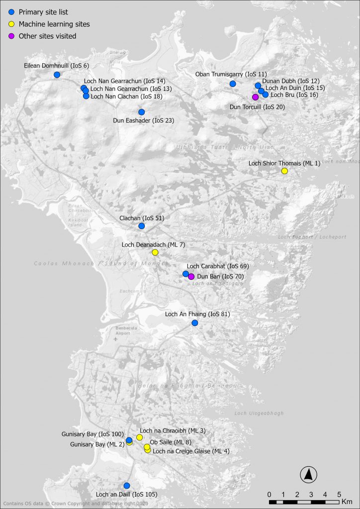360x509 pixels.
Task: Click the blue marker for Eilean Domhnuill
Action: pos(57,75)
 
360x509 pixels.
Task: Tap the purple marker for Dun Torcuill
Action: pos(255,97)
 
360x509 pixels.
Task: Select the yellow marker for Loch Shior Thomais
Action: pos(284,171)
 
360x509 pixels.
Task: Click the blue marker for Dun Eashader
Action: pos(141,112)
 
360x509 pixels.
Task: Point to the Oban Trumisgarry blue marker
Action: pos(232,84)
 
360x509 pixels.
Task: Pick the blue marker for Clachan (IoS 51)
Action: pos(141,226)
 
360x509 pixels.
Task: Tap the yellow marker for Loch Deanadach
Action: pos(155,252)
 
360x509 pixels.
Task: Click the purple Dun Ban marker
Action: pos(191,276)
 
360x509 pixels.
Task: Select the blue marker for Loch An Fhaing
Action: pos(194,323)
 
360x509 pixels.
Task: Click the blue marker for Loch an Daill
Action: pos(126,485)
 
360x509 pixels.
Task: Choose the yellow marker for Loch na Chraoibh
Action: pos(140,437)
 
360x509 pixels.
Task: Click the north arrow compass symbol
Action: pos(308,475)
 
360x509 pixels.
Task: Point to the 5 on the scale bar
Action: pos(339,495)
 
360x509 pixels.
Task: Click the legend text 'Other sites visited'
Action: pos(47,36)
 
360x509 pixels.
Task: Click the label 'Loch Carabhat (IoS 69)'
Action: pos(218,266)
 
